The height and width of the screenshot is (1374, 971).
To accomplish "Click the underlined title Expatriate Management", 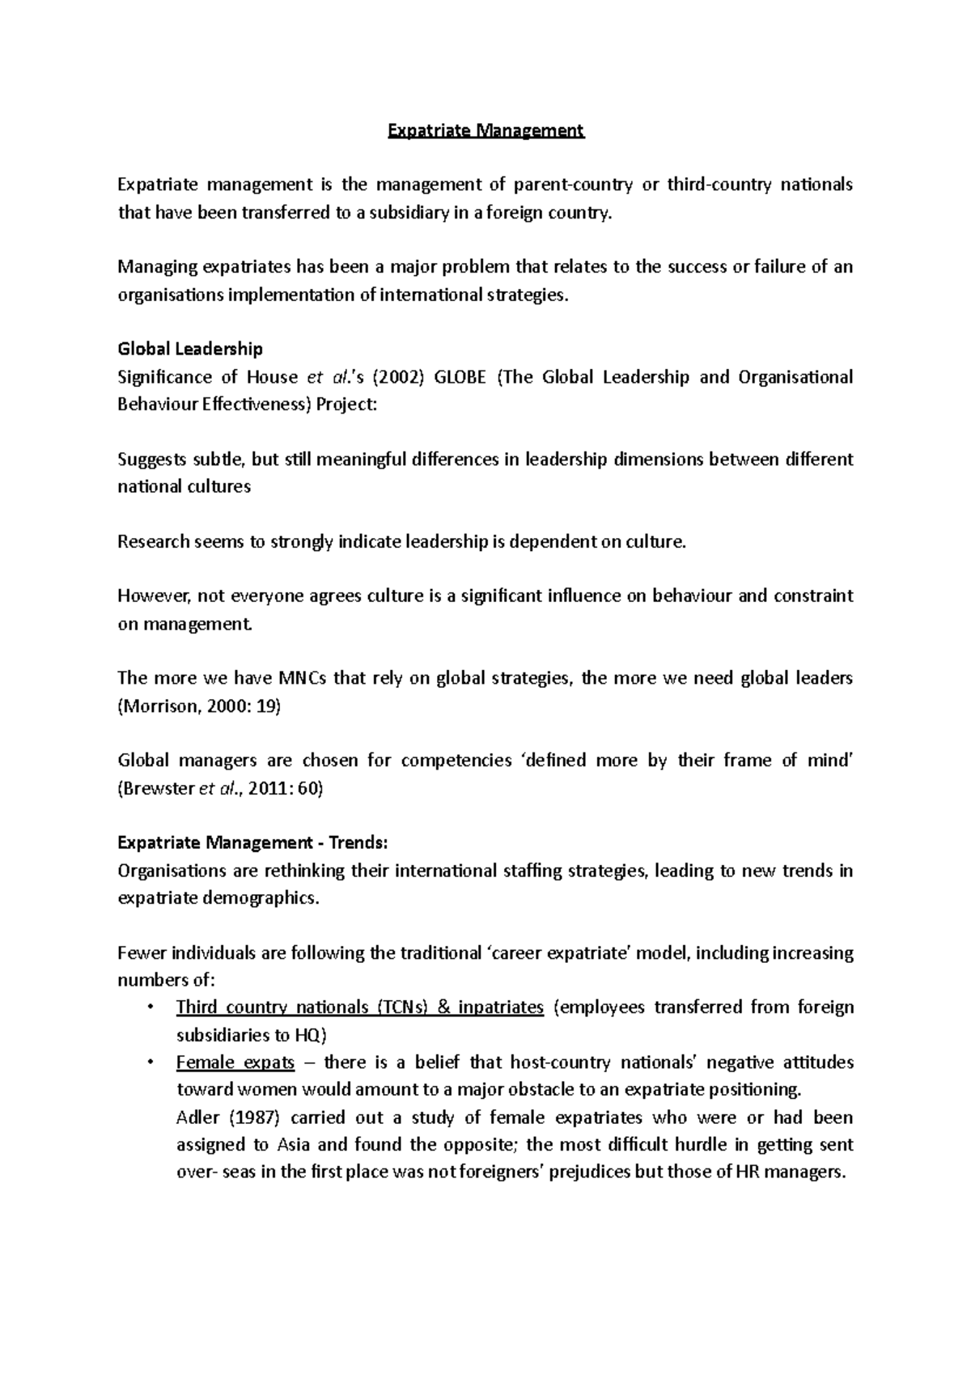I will point(485,130).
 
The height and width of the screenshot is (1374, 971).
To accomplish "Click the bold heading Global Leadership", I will point(190,350).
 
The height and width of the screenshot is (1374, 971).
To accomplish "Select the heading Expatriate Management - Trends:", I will point(252,843).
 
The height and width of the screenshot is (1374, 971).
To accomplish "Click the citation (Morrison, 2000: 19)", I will point(199,706).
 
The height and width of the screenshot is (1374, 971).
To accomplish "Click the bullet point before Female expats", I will point(150,1062).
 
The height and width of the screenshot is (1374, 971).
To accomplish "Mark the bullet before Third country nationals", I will point(150,1007).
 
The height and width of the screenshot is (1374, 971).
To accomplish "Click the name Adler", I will point(197,1118).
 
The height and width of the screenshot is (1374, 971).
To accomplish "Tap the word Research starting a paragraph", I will point(153,542).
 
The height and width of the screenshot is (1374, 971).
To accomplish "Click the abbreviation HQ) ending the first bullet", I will point(311,1035).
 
